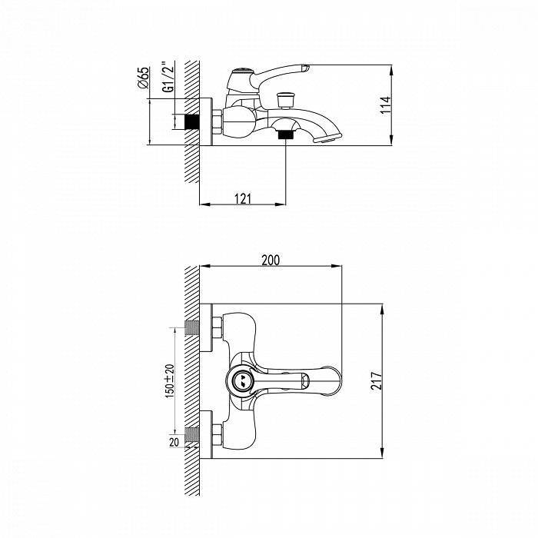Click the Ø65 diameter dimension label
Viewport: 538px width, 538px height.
(144, 78)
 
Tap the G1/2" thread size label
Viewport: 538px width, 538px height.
(168, 77)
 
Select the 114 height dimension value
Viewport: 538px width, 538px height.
(385, 105)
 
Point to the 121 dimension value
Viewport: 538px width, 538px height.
(243, 199)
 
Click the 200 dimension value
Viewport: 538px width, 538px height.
(271, 260)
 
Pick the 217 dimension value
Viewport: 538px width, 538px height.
(377, 380)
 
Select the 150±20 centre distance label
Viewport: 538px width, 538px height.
(170, 381)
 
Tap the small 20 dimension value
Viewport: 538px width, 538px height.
(174, 442)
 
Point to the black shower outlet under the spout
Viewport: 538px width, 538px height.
(286, 134)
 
